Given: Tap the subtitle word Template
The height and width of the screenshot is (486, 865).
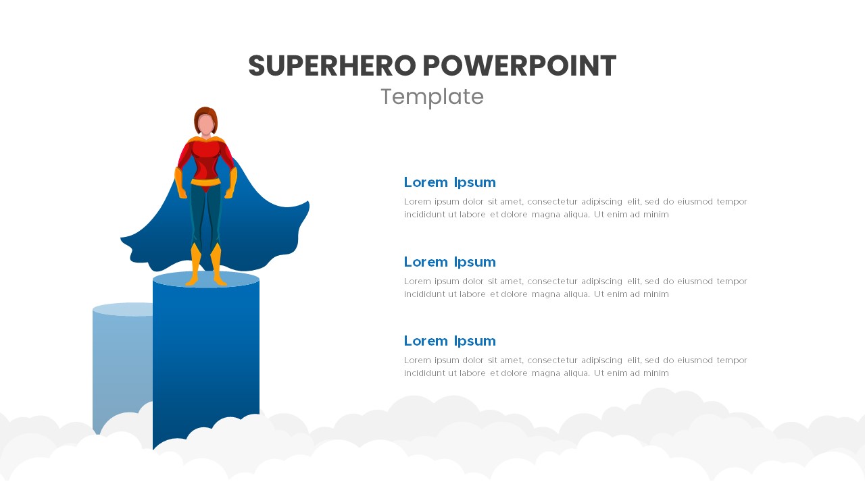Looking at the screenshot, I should pos(432,97).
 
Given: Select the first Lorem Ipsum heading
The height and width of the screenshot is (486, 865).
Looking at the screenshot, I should pos(449,182).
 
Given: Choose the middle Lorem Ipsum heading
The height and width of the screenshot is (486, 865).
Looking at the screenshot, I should pos(449,262).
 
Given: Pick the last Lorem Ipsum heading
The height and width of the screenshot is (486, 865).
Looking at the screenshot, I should pos(449,341).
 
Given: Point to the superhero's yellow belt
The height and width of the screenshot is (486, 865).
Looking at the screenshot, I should pos(205,182).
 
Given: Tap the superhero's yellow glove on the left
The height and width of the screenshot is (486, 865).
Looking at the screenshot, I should pos(180,184).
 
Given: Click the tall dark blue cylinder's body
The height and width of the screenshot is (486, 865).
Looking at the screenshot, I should pos(206,351).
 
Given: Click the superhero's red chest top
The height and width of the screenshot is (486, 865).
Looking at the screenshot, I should pos(205,152).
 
